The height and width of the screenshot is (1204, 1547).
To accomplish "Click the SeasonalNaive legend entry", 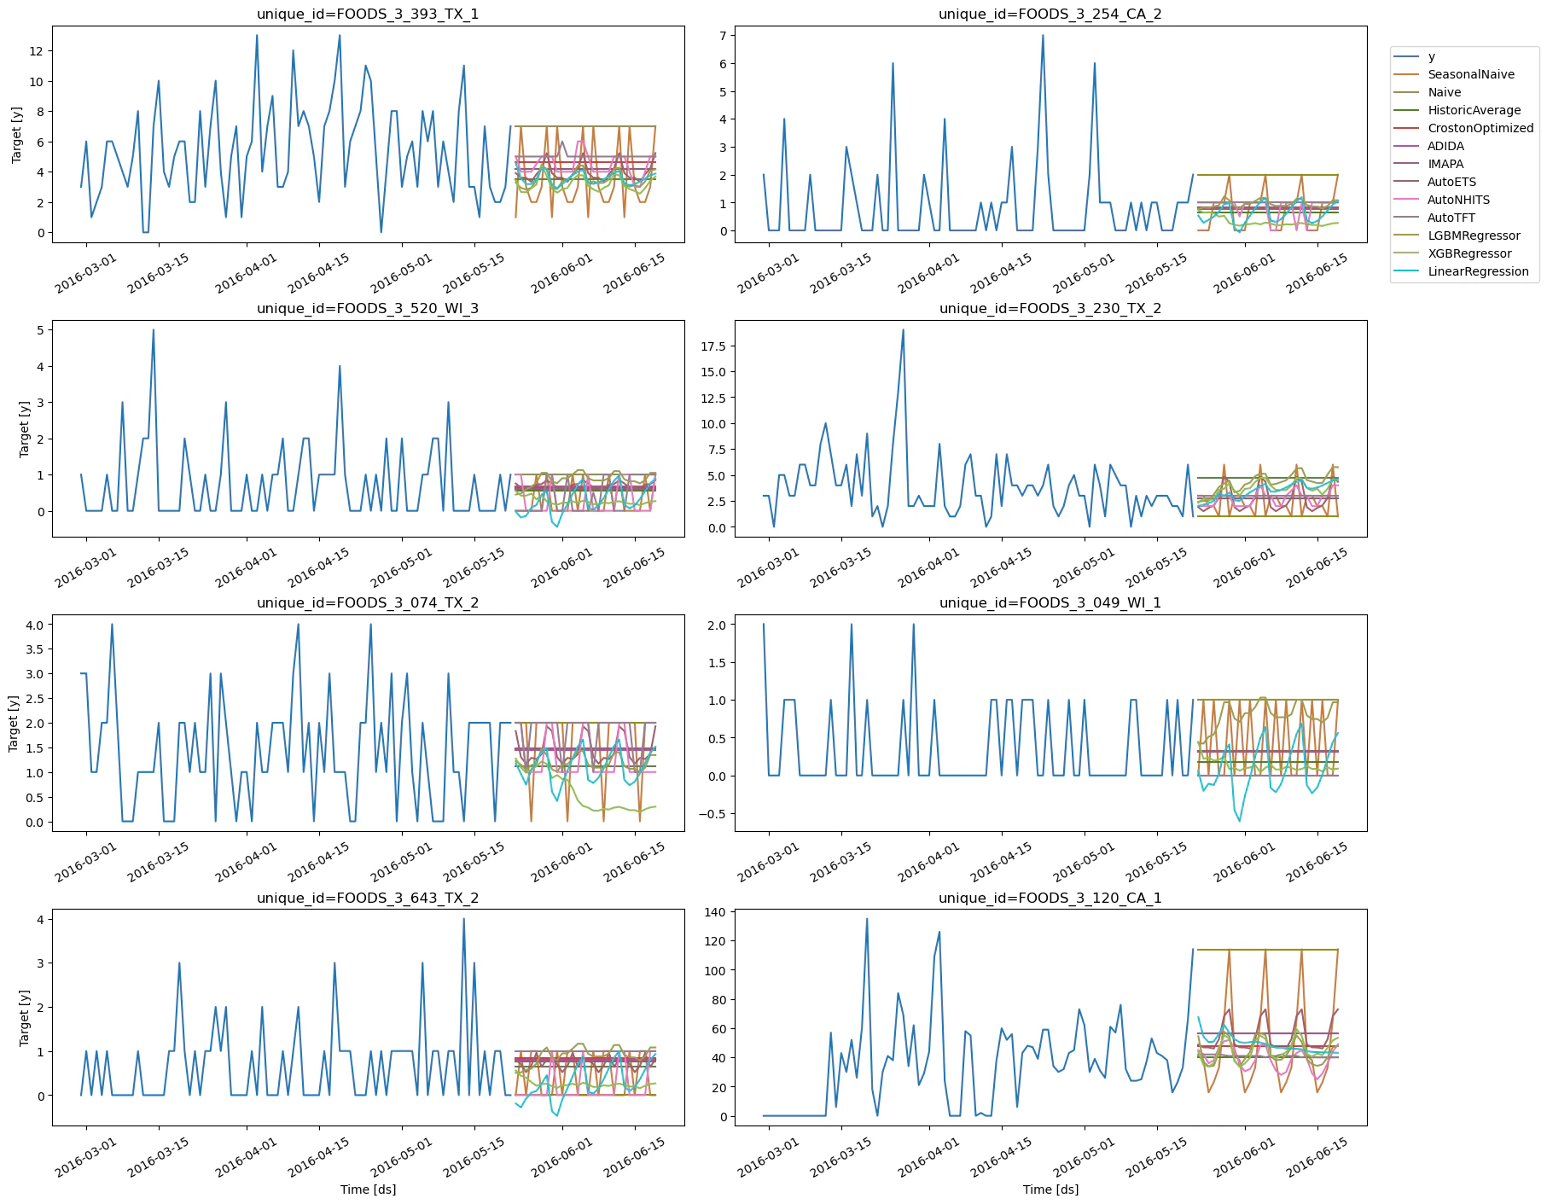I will (x=1470, y=74).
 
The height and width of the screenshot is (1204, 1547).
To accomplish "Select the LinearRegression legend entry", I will (x=1477, y=271).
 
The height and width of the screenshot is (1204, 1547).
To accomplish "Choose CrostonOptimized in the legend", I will (x=1480, y=128).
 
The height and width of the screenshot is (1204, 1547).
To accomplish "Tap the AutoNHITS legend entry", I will (x=1458, y=200).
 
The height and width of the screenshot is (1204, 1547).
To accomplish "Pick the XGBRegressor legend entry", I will (x=1468, y=253).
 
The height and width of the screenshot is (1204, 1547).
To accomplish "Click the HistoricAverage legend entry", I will (x=1474, y=110).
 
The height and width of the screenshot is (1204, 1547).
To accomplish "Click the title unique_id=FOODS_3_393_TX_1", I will (x=368, y=14).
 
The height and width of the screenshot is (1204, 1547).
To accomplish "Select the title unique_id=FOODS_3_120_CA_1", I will (x=1050, y=898).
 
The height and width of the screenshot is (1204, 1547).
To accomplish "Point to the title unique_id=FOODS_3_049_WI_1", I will (x=1050, y=602).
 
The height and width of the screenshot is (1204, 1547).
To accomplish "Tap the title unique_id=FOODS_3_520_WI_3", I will (x=368, y=308).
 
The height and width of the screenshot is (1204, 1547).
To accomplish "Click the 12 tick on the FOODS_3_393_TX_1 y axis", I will (x=36, y=51).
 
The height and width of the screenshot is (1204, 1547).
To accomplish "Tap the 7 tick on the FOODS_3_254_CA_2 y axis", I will (x=722, y=35).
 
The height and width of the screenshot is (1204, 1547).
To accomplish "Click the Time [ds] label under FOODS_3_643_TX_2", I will (x=368, y=1189).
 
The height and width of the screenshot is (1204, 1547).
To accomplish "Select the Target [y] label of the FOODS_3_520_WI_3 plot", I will (x=24, y=429).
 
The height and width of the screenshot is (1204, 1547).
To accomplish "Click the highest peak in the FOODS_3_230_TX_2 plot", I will (x=903, y=330).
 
